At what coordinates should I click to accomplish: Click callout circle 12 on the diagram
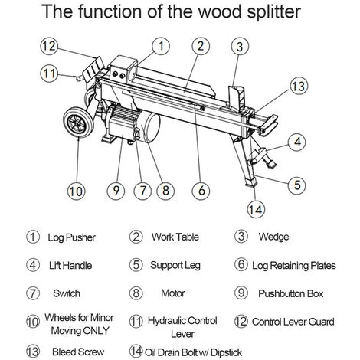tap(49, 46)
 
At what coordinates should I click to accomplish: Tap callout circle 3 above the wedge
tap(240, 46)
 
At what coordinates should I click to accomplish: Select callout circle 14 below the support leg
tap(256, 209)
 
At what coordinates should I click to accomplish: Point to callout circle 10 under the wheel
tap(76, 191)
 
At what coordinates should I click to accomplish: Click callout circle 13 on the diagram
tap(299, 86)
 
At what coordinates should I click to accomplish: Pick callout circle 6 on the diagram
tap(201, 191)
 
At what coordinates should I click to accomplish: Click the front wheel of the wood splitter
tap(78, 123)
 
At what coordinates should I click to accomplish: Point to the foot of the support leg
tap(250, 182)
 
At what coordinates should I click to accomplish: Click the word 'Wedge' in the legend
tap(273, 237)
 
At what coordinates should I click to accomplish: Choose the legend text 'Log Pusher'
tap(72, 237)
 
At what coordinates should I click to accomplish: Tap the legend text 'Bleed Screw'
tap(78, 352)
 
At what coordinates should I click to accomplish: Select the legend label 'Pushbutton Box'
tap(290, 293)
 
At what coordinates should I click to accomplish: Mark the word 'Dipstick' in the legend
tap(226, 352)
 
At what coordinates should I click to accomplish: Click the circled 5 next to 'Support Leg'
tap(136, 265)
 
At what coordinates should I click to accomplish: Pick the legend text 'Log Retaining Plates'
tap(294, 266)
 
